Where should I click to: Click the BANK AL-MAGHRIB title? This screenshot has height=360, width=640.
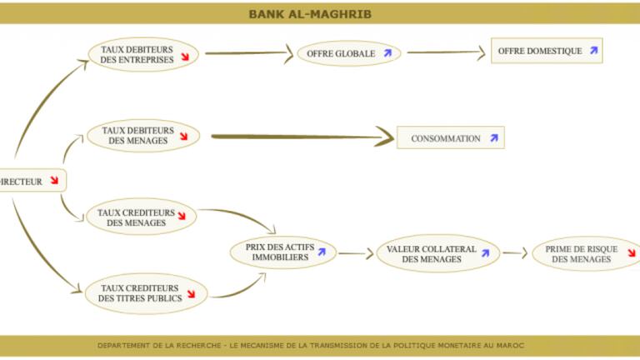pyautogui.click(x=310, y=14)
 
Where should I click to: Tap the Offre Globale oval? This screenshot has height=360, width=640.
pyautogui.click(x=349, y=53)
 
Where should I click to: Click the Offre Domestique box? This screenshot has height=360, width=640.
pyautogui.click(x=546, y=51)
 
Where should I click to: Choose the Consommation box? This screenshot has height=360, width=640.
pyautogui.click(x=451, y=138)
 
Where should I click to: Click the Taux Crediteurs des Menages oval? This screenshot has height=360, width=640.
pyautogui.click(x=141, y=217)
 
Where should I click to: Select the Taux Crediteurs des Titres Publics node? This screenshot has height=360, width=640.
pyautogui.click(x=144, y=292)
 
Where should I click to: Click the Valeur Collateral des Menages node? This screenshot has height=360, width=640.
pyautogui.click(x=438, y=253)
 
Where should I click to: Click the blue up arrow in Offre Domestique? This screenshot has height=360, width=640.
pyautogui.click(x=593, y=51)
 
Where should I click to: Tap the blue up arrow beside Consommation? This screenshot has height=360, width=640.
pyautogui.click(x=493, y=138)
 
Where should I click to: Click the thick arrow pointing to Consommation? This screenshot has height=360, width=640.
pyautogui.click(x=300, y=136)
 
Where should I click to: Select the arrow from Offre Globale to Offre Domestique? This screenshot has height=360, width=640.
pyautogui.click(x=446, y=52)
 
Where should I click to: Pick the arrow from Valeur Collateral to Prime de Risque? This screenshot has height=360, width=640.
pyautogui.click(x=516, y=253)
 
